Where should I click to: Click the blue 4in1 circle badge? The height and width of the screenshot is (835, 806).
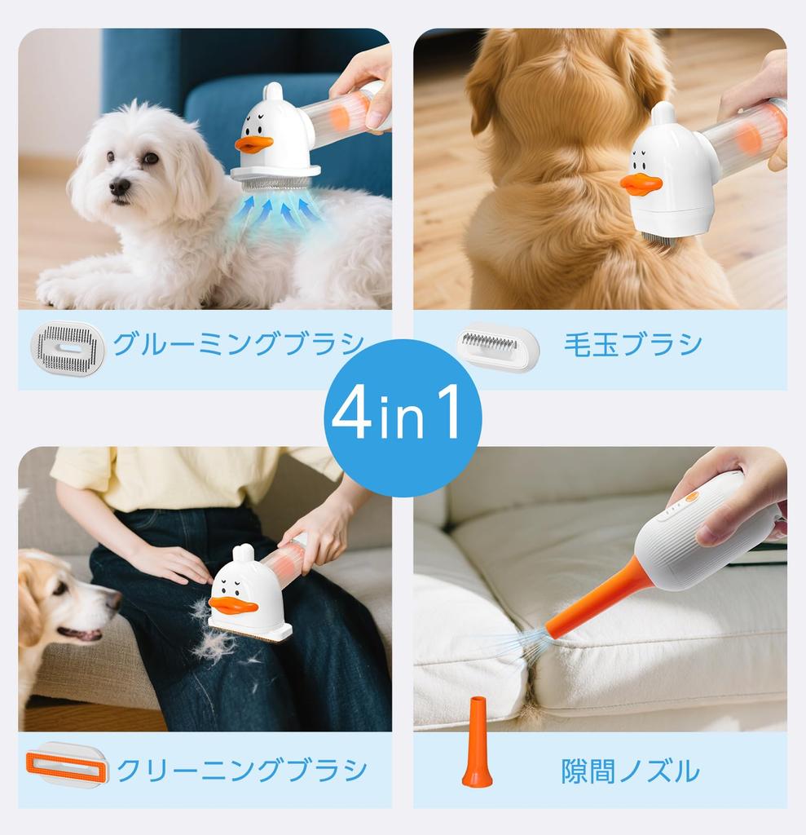(403, 417)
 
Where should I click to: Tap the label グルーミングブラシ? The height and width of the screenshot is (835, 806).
(238, 344)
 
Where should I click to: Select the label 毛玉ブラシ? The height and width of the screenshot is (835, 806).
(632, 344)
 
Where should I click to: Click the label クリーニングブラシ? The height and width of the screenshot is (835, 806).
(241, 770)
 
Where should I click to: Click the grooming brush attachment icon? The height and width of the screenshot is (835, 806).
(68, 348)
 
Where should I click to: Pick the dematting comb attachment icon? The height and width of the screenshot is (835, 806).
(497, 347)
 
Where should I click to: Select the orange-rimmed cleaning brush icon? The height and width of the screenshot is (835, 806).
(67, 766)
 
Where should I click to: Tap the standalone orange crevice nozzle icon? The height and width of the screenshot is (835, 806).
(477, 744)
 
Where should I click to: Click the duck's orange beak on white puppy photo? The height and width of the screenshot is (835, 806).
(253, 144)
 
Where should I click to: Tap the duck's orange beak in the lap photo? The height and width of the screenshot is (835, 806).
(233, 605)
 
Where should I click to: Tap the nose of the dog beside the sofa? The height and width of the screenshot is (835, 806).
(114, 601)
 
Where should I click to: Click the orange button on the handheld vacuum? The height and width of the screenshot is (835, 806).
(692, 496)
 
